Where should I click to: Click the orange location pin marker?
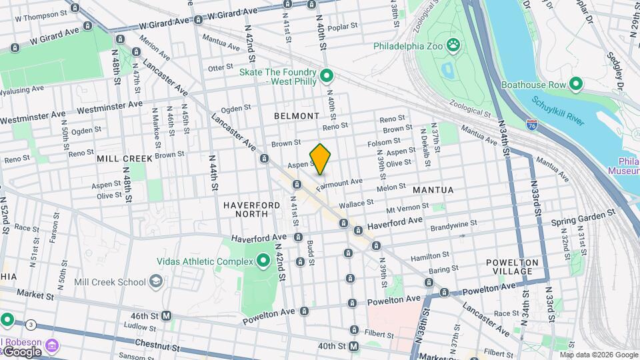321,159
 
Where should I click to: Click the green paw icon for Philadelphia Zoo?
453,45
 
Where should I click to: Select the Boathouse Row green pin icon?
575,85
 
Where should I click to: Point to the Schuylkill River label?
558,111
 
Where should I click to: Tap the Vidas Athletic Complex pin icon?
263,260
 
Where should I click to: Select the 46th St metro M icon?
167,315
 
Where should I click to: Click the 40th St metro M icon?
353,346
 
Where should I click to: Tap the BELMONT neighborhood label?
297,116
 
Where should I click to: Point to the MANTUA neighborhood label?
433,190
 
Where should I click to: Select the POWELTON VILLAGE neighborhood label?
518,267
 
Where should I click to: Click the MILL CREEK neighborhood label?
125,159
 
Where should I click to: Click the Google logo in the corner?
21,351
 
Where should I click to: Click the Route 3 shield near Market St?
31,325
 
